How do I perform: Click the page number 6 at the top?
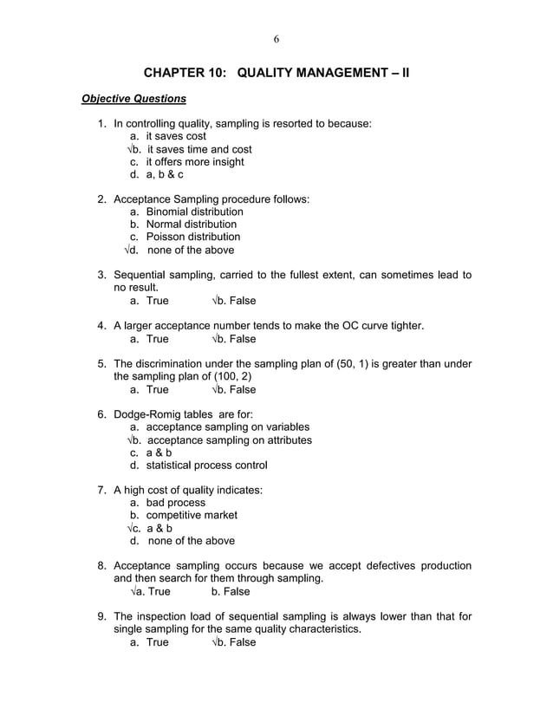point(276,38)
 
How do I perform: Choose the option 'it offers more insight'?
point(194,162)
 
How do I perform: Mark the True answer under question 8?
point(156,592)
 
